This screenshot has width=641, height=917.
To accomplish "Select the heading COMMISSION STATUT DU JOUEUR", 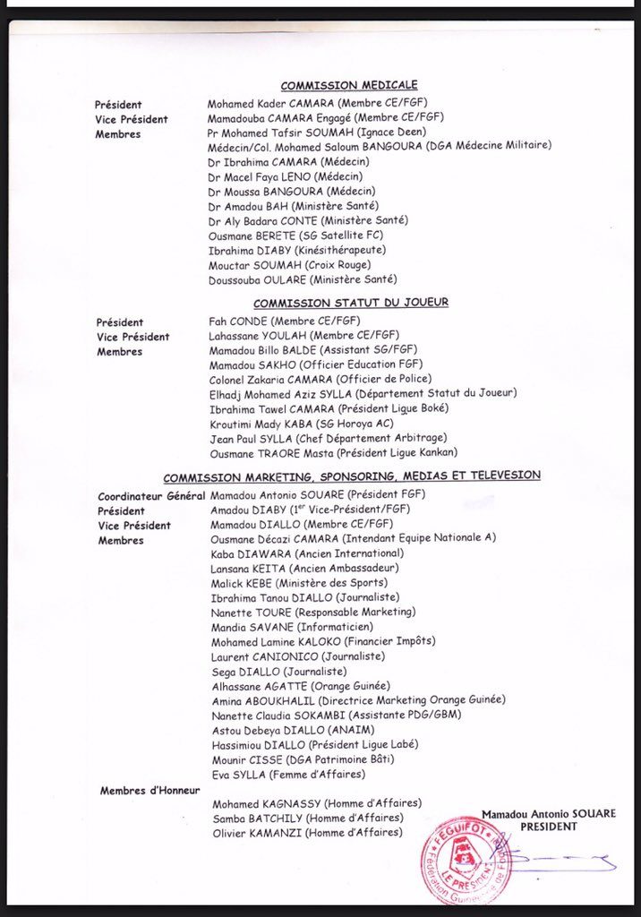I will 350,303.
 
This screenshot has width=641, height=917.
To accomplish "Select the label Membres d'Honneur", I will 150,790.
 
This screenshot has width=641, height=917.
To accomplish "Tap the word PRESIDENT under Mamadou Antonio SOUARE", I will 549,827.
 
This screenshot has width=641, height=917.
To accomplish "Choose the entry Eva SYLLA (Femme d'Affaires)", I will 276,774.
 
